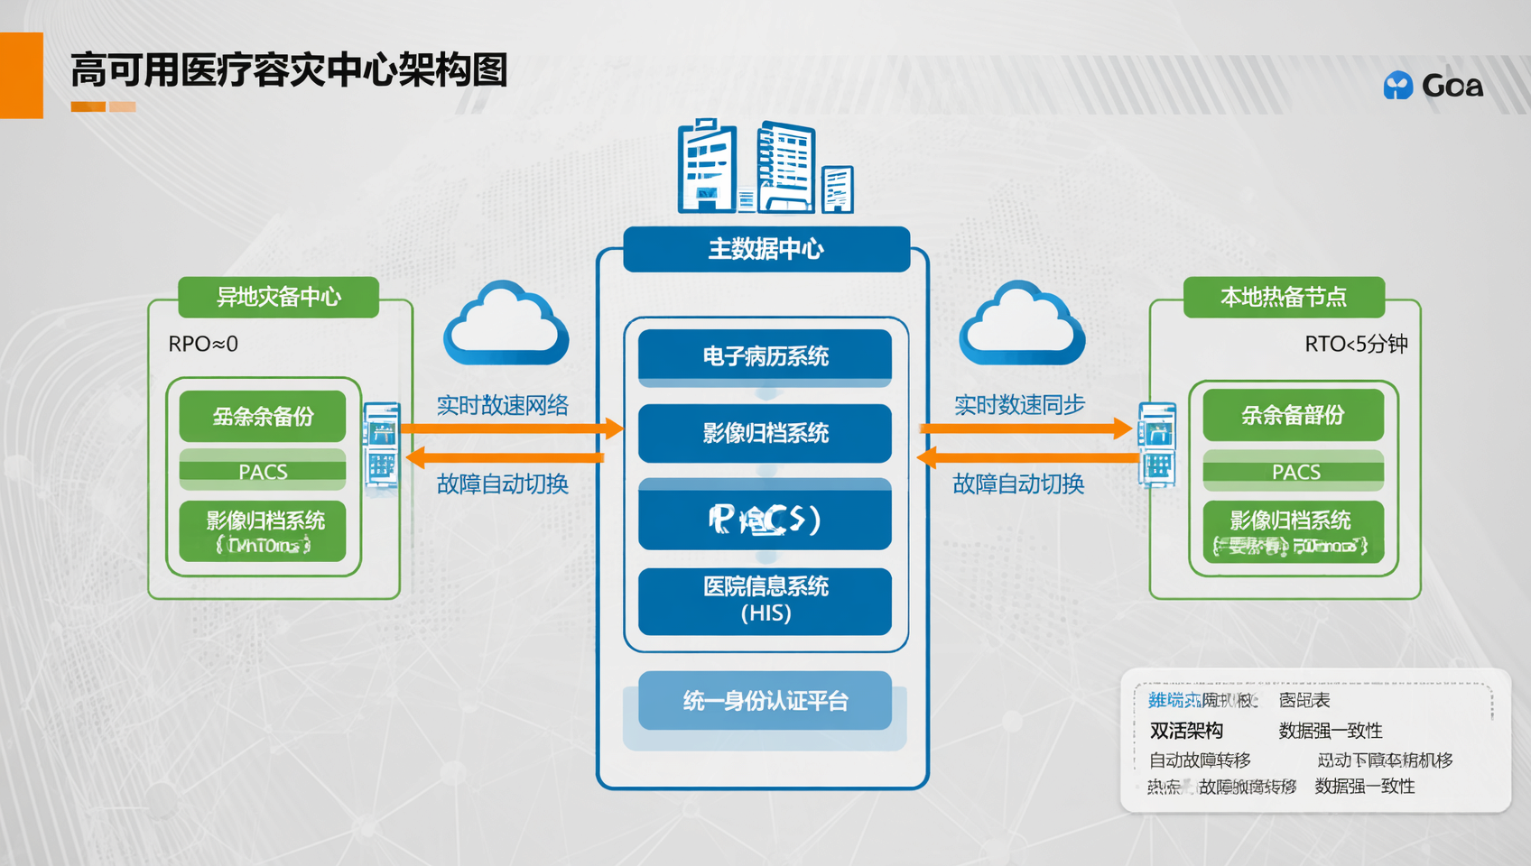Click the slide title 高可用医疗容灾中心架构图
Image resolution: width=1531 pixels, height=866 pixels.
coord(289,70)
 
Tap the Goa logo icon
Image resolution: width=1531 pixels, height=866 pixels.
coord(1398,86)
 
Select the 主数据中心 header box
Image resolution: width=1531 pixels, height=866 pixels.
coord(765,249)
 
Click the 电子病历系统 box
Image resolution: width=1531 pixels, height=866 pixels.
coord(765,356)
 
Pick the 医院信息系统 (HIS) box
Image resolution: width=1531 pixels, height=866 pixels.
coord(765,600)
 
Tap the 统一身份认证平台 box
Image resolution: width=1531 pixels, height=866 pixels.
coord(765,701)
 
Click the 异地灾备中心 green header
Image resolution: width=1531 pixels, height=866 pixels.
coord(278,297)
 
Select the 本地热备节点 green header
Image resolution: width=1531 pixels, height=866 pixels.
coord(1283,297)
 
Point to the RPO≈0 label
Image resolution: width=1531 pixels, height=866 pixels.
coord(203,344)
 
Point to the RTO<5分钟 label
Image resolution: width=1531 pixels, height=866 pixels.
coord(1356,344)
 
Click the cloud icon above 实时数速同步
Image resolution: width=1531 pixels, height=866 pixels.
coord(1021,325)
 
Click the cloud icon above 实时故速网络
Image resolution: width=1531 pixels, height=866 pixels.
coord(506,325)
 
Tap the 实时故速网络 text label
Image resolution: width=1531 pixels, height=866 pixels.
coord(502,405)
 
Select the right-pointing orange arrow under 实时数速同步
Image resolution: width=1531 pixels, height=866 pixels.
coord(1025,428)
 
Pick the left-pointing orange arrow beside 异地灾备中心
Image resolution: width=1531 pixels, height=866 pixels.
coord(506,457)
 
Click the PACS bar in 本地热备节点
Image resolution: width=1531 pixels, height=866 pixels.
coord(1294,471)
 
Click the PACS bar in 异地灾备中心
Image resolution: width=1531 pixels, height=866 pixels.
coord(263,471)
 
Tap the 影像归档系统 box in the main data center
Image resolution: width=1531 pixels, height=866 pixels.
coord(765,433)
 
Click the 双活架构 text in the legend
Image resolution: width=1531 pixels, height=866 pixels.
coord(1186,731)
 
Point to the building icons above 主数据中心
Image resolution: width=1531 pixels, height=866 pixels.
coord(765,167)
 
